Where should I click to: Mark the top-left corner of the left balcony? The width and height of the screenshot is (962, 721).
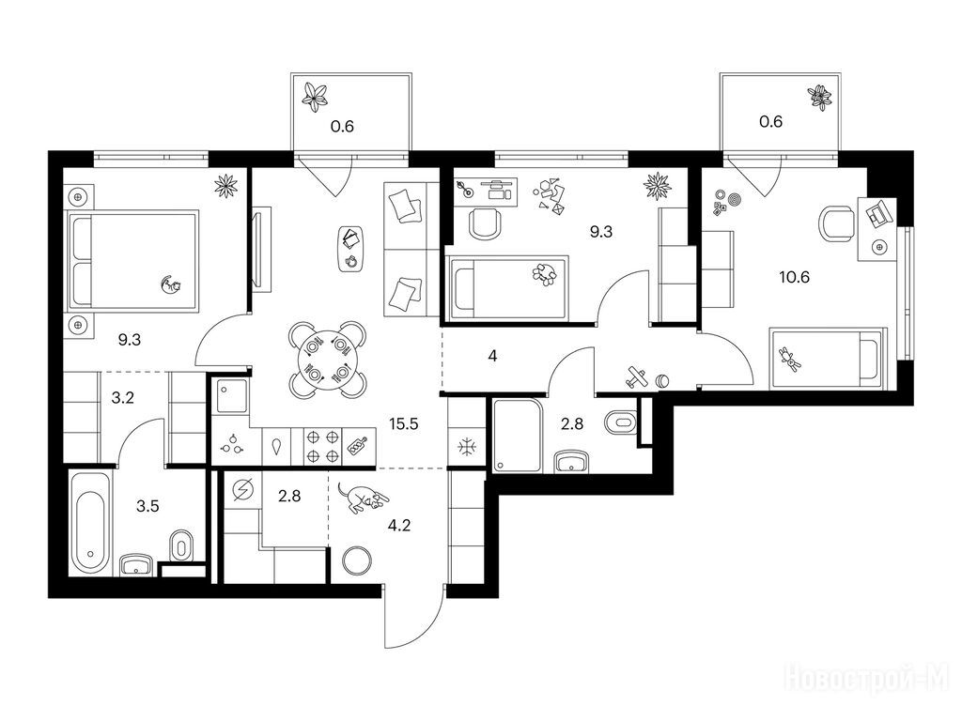291,73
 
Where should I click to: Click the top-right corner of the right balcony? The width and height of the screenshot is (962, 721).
840,74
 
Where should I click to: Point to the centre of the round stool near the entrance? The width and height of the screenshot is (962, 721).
356,560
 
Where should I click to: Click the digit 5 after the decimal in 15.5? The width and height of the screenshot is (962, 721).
414,423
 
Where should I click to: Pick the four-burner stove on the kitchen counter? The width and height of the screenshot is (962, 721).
323,446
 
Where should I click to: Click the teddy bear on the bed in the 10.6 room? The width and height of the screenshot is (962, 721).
789,359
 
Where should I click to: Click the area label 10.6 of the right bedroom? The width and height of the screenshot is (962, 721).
795,277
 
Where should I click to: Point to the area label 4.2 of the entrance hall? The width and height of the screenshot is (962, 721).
399,526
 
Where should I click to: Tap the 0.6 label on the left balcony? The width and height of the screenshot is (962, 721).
342,127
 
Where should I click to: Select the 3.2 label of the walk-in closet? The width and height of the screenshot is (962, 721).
123,398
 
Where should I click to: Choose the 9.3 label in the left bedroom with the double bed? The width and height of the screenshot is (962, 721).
130,340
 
